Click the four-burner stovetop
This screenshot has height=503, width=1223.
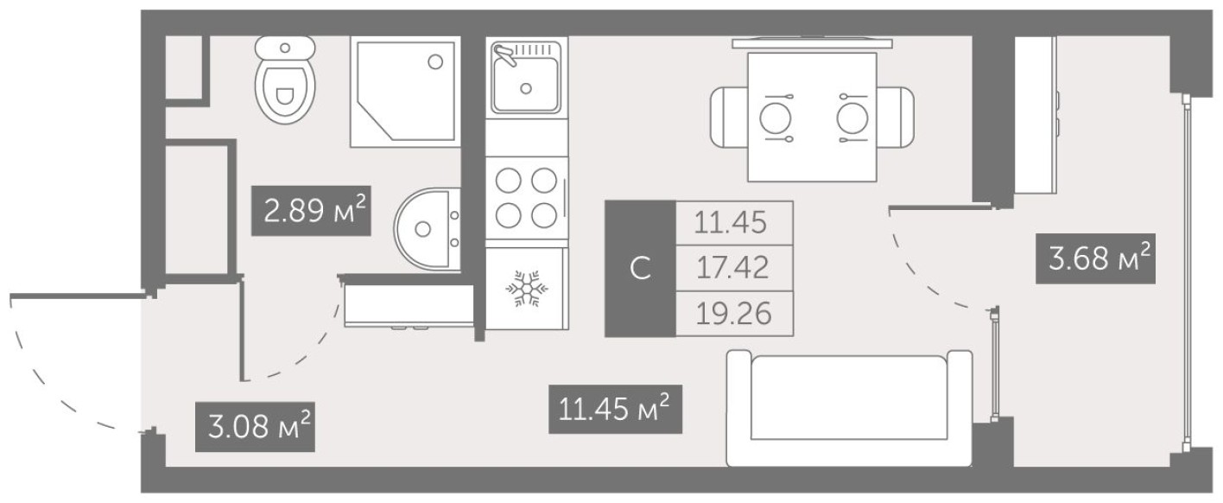526,196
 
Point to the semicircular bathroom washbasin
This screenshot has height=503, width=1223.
427,228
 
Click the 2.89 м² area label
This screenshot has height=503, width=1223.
311,210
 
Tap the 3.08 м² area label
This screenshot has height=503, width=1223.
254,425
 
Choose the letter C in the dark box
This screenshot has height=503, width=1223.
639,269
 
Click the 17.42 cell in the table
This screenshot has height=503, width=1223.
732,268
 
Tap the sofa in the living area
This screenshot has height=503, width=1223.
849,408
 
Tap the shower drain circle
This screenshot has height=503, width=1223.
435,61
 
